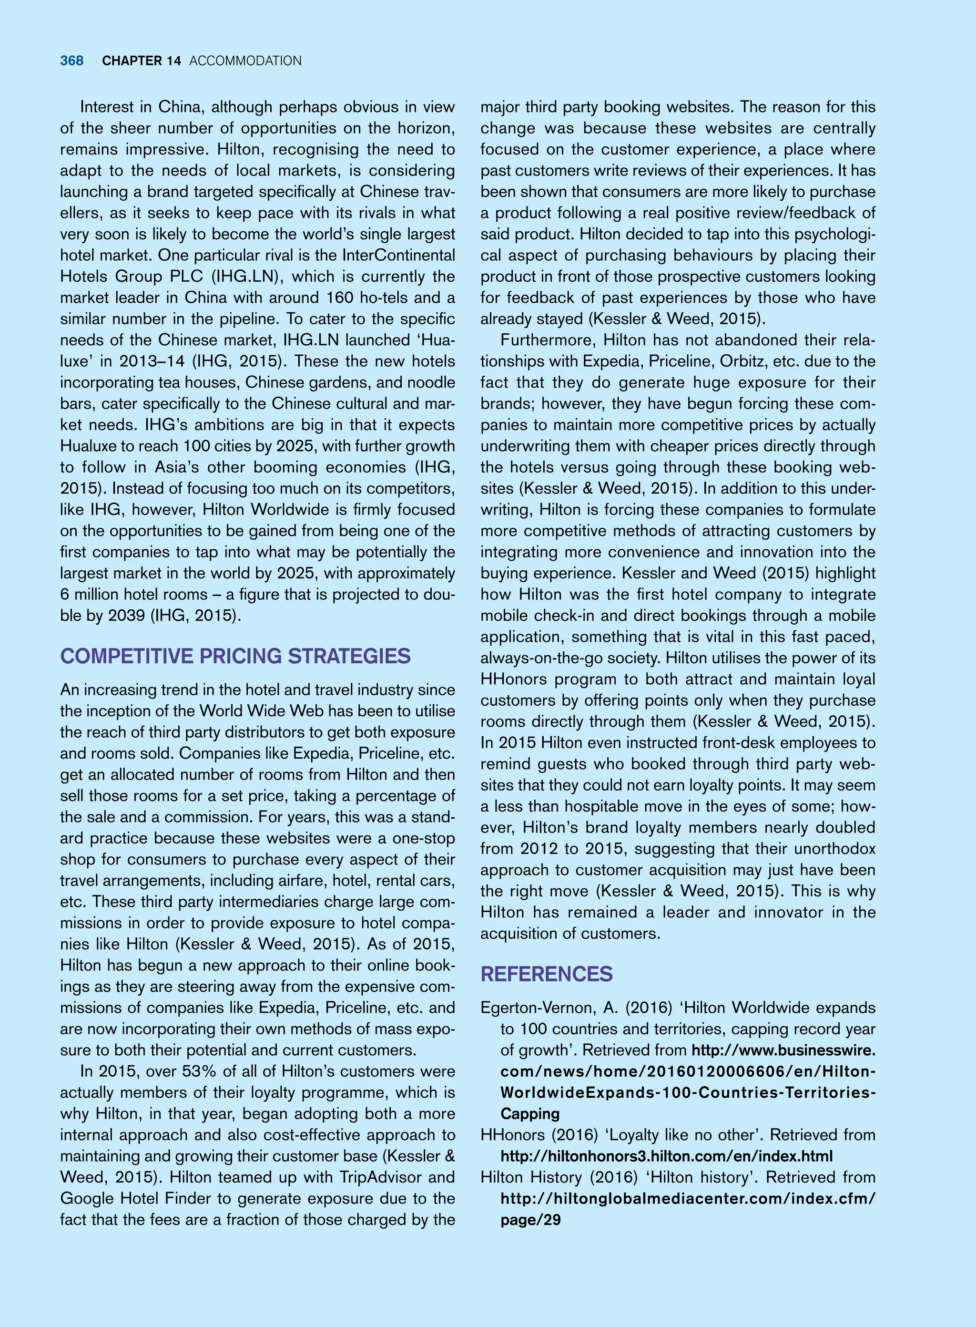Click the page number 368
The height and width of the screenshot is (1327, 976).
pyautogui.click(x=71, y=61)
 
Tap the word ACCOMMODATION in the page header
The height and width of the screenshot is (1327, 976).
pyautogui.click(x=245, y=61)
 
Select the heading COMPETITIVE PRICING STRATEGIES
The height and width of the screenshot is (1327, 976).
pyautogui.click(x=235, y=656)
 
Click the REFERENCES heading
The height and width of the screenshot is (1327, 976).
pyautogui.click(x=547, y=974)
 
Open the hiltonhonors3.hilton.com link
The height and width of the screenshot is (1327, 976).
pyautogui.click(x=666, y=1156)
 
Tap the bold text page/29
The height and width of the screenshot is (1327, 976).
pyautogui.click(x=530, y=1219)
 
